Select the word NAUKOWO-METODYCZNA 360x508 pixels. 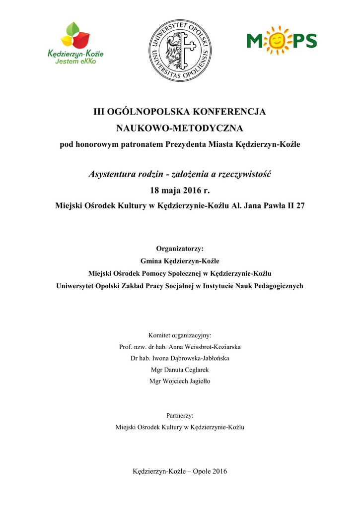point(180,129)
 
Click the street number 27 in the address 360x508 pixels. point(300,206)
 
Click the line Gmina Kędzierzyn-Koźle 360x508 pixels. point(180,261)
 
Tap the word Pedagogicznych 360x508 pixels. point(278,286)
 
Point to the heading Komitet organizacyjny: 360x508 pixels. point(180,335)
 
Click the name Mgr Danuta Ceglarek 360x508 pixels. point(180,370)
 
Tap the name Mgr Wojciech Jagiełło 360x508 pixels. point(180,381)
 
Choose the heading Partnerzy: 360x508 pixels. point(180,415)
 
